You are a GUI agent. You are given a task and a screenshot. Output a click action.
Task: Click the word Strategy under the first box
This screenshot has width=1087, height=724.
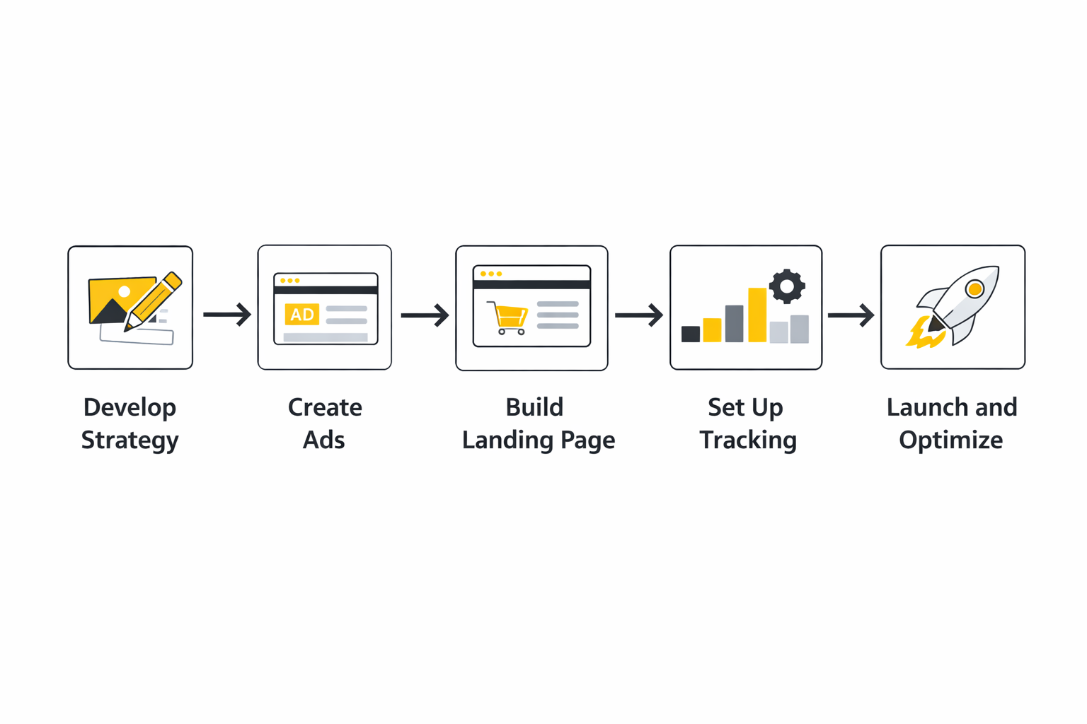130,440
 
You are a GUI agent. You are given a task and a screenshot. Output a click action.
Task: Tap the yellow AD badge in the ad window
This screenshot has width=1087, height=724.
302,315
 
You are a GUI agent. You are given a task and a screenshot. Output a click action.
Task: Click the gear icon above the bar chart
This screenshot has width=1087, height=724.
787,286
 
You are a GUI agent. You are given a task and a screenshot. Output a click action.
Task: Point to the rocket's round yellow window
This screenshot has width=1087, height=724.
974,288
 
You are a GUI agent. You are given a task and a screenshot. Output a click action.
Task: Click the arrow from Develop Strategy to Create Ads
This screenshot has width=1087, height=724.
227,314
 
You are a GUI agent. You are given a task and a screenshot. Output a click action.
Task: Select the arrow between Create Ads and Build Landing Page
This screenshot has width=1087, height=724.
425,315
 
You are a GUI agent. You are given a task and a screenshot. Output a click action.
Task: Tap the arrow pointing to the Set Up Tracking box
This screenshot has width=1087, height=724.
638,315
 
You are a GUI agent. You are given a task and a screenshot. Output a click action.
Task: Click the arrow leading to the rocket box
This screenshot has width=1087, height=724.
851,315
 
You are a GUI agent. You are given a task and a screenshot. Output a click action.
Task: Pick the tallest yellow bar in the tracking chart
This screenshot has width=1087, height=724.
757,315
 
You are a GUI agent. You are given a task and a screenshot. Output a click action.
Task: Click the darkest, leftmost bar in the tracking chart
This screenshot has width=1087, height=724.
691,334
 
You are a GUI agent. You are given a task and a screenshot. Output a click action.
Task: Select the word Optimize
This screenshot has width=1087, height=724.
950,440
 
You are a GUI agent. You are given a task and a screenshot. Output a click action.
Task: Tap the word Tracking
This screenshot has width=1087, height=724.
748,440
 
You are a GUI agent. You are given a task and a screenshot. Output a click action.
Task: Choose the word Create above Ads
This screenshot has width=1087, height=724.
325,407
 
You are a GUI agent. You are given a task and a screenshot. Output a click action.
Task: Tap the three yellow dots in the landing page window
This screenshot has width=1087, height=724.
491,274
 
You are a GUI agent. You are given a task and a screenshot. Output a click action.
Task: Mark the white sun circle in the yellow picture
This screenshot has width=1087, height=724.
125,291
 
